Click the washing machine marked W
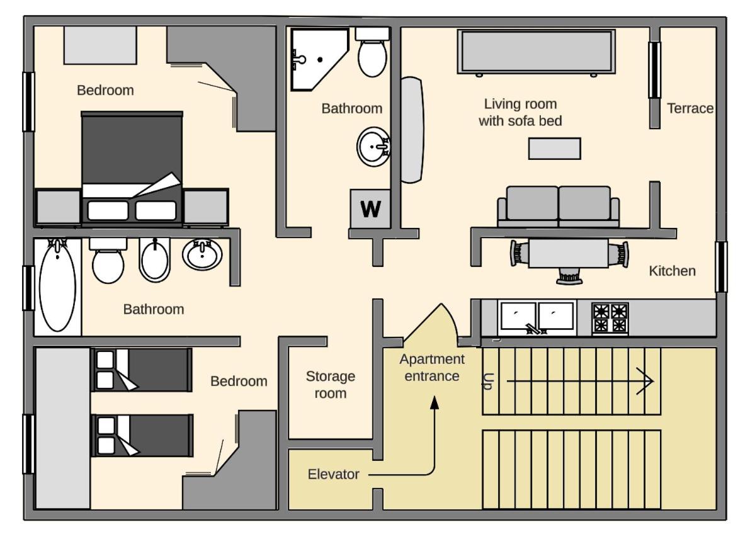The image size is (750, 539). pos(370,208)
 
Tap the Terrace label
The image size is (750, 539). pos(690,108)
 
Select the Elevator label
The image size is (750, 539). pos(333,474)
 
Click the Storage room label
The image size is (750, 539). pos(331,385)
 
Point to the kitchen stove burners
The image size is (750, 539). pos(610,318)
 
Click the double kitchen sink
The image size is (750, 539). pos(537,317)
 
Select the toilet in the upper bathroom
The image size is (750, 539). pos(372,52)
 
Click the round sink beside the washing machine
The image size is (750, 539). pos(373,146)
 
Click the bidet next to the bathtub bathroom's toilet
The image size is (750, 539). pos(154,259)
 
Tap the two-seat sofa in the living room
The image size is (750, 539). pos(558,206)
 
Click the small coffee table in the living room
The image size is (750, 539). pos(554,148)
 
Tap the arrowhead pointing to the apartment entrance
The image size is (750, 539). pos(435,403)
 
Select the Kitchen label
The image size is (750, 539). pos(672,271)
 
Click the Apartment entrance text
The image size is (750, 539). pos(432,367)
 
